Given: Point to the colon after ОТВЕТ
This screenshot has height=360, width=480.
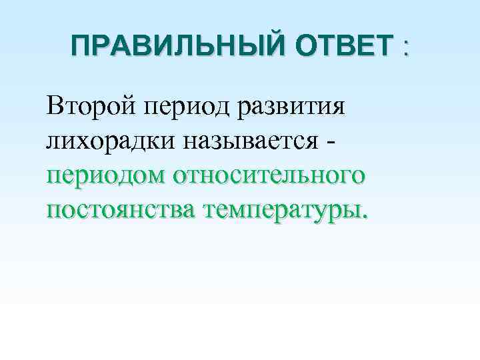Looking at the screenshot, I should [x=404, y=50].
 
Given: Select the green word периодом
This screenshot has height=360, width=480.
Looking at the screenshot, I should [x=107, y=177].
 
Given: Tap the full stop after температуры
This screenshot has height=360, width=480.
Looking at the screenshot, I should [x=364, y=217].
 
